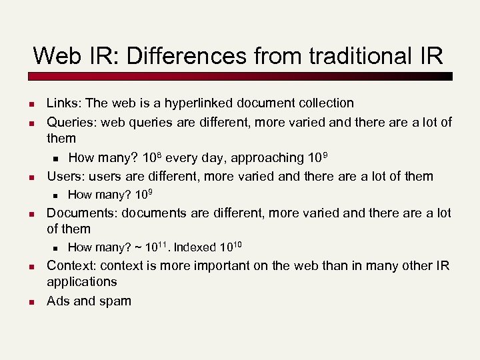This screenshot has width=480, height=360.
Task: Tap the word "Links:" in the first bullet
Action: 64,103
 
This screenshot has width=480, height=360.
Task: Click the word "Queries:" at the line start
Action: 70,122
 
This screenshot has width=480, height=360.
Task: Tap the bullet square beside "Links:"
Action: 31,104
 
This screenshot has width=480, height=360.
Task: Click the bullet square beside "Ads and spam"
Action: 31,302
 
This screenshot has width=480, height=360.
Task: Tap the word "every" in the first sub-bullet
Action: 182,158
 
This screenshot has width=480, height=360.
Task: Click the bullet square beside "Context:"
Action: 31,267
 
